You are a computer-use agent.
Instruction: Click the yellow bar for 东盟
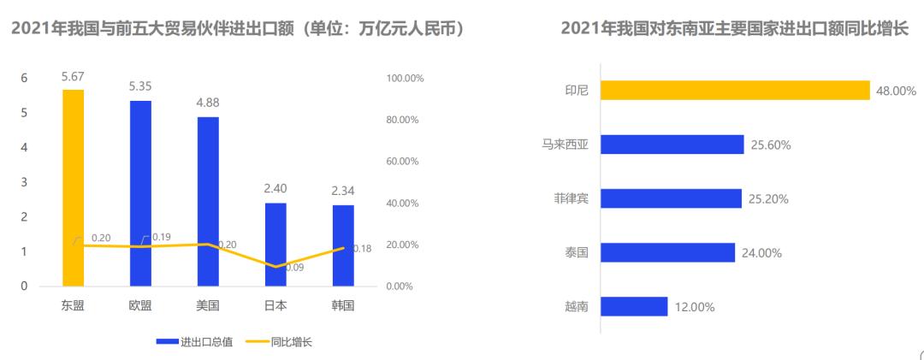click(73, 187)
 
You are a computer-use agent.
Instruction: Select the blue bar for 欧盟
click(140, 193)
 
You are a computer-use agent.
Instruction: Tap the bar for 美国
click(208, 201)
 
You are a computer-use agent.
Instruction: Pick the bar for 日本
click(275, 244)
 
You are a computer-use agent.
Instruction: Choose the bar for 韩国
click(342, 245)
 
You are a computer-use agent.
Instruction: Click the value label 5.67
click(73, 77)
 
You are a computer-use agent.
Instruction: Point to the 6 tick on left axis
click(25, 78)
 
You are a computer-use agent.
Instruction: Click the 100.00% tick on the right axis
click(406, 79)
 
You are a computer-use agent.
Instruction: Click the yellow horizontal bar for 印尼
click(734, 90)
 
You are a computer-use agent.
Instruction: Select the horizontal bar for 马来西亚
click(672, 145)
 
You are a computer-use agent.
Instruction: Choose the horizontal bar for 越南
click(633, 306)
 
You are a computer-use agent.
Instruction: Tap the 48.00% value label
click(896, 91)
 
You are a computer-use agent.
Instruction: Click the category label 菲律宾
click(571, 198)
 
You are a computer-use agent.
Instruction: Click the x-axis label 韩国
click(342, 305)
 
